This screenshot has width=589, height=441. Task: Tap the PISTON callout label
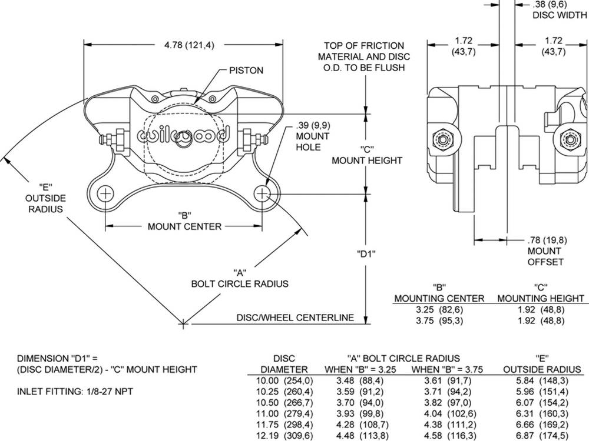[x=246, y=71]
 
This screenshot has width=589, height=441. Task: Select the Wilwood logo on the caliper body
[x=183, y=135]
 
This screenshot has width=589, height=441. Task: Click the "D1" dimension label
[x=367, y=254]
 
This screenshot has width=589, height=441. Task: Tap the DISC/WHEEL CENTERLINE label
[x=295, y=318]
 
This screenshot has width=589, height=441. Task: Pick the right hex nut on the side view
[x=569, y=139]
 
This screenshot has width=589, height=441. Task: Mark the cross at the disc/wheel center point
[x=183, y=322]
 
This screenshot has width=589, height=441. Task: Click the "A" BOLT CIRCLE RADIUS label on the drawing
[x=240, y=278]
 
